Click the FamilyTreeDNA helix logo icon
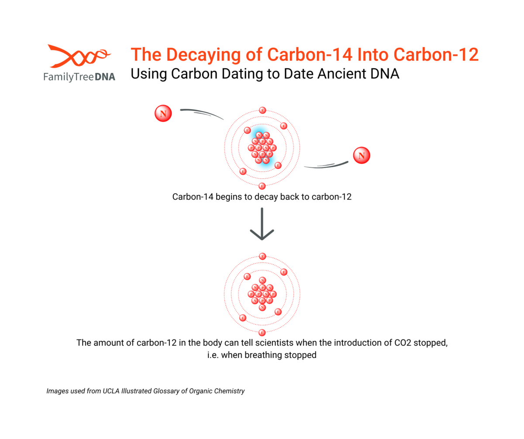point(79,56)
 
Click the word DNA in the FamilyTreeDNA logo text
point(105,77)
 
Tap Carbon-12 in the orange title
point(436,55)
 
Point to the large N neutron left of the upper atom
point(163,113)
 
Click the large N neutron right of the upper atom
point(362,155)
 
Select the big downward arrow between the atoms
point(262,224)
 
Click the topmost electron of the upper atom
point(262,110)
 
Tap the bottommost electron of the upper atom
point(262,186)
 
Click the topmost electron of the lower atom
point(262,257)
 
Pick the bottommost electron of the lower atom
point(262,333)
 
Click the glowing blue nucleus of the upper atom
point(262,148)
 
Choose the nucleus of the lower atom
point(262,294)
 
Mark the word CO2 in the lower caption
point(403,343)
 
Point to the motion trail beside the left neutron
point(202,113)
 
